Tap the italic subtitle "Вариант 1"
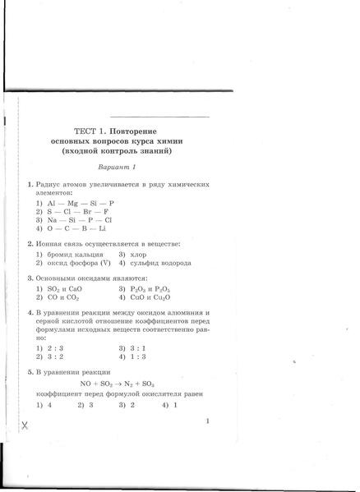115,167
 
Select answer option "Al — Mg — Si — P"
80,202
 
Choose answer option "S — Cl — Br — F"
80,211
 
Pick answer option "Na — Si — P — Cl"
80,220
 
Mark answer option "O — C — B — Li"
79,229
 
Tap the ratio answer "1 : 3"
138,357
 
